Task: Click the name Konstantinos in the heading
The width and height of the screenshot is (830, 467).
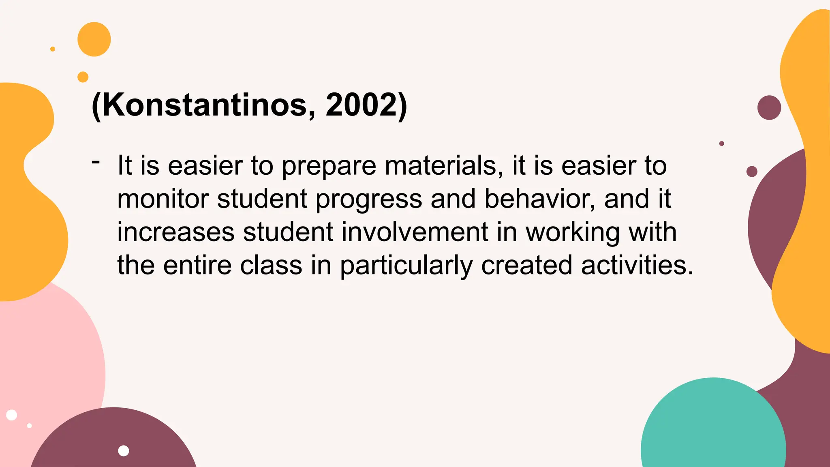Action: click(x=204, y=105)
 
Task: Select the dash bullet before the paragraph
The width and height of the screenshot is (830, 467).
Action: click(x=96, y=162)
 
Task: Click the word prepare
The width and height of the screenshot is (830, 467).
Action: click(x=329, y=167)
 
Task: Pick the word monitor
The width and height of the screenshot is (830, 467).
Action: click(x=163, y=199)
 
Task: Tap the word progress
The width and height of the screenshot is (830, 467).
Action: click(x=368, y=200)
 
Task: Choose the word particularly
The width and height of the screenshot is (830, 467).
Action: click(x=406, y=266)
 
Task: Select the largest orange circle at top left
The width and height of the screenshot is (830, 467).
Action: click(x=94, y=39)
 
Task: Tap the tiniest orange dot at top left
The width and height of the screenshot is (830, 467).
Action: click(x=53, y=49)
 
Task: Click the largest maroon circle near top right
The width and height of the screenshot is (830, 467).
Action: click(x=769, y=107)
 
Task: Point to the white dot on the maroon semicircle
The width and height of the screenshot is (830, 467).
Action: click(x=124, y=451)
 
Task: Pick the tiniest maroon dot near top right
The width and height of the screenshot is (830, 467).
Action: click(x=721, y=144)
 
